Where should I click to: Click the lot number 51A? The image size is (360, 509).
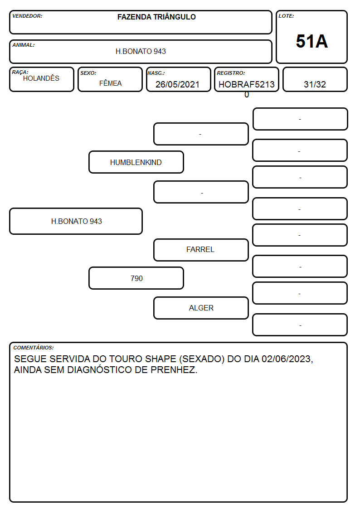coord(311,42)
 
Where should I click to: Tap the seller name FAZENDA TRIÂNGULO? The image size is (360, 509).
coord(156,17)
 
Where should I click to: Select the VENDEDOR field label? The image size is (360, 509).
coord(27,16)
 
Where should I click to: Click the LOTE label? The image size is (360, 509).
coord(286,16)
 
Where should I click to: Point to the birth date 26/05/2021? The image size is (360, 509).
coord(177,84)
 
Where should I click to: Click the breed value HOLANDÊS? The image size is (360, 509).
coord(41,78)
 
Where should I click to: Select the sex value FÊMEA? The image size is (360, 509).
coord(110,83)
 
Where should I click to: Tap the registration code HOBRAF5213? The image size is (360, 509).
coord(246,84)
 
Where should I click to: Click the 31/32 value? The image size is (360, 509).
coord(315,84)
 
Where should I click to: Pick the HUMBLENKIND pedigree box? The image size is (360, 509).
coord(136,162)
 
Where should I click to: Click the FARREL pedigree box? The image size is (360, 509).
coord(201,250)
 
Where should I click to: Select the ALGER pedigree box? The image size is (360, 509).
coord(201,308)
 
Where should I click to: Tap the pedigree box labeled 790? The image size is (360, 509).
coord(136,278)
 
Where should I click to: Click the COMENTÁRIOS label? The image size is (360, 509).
coord(34,348)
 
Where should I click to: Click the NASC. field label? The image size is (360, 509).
coord(156,73)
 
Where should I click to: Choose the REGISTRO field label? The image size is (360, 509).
coord(231,73)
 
